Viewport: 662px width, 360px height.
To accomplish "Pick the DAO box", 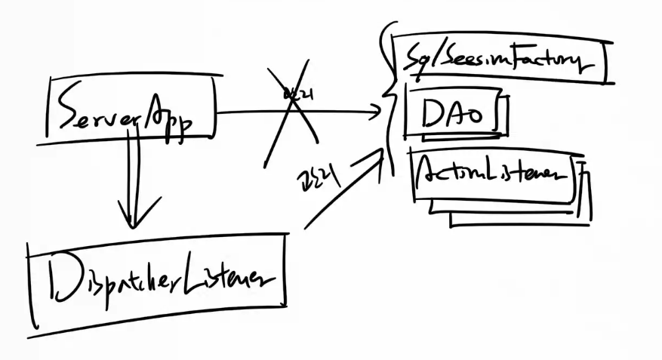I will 453,115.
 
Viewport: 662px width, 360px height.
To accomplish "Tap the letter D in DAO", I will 433,114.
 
